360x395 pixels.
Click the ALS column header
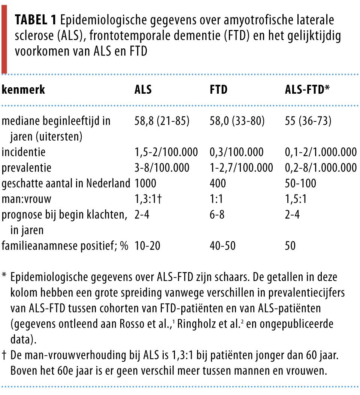[143, 90]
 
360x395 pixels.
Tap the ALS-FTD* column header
[308, 90]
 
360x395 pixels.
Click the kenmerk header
[24, 90]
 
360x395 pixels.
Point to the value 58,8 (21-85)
[162, 121]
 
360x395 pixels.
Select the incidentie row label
[23, 152]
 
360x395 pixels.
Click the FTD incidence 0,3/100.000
[236, 152]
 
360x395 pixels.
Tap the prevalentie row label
[26, 168]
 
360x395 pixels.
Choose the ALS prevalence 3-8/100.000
[162, 168]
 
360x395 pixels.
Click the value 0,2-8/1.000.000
[321, 168]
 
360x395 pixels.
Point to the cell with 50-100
[301, 183]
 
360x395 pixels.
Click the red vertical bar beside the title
[4, 37]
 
